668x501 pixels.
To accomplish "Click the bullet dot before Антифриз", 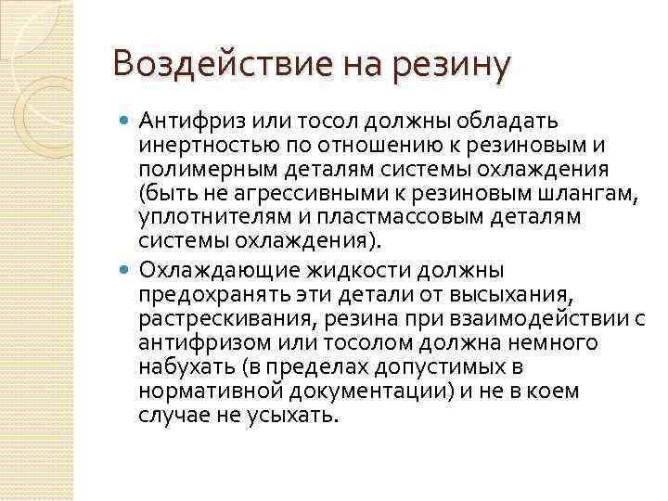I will [126, 120].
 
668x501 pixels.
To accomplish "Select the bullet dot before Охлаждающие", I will [126, 271].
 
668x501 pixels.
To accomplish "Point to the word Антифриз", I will [181, 120].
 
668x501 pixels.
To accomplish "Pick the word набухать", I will [180, 367].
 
